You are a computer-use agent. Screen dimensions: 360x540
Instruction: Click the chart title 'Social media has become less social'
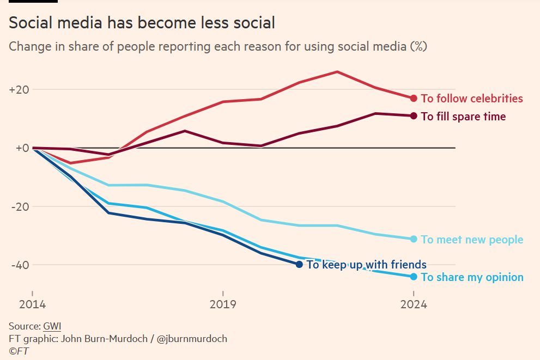click(142, 23)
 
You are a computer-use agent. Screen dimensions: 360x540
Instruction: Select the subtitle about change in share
click(217, 46)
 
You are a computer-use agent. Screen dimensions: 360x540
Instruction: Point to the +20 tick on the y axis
click(19, 89)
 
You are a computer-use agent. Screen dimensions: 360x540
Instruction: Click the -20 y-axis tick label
click(19, 206)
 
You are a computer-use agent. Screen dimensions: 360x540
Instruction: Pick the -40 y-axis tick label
click(19, 265)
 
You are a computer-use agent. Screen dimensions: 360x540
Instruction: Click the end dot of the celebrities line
click(414, 99)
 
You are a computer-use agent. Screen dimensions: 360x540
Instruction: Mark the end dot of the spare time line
click(414, 116)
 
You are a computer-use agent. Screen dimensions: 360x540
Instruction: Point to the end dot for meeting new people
click(414, 239)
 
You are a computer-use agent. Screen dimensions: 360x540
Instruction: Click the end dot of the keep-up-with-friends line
click(299, 265)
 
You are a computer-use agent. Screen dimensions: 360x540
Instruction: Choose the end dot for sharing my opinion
click(414, 277)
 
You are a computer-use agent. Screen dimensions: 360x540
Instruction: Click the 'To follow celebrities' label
click(472, 99)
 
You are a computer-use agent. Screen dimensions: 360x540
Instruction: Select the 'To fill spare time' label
click(463, 117)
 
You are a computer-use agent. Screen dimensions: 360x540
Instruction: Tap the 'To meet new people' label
click(472, 240)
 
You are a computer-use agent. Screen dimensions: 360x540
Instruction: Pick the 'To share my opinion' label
click(472, 277)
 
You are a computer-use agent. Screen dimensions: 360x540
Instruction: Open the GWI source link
click(52, 326)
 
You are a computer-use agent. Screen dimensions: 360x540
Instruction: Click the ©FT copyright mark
click(19, 351)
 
